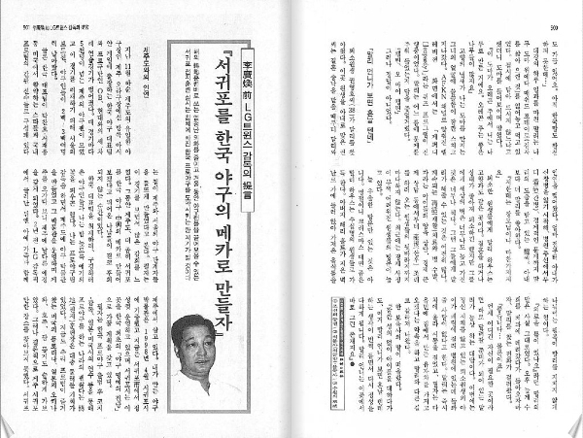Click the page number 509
pyautogui.click(x=557, y=28)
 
